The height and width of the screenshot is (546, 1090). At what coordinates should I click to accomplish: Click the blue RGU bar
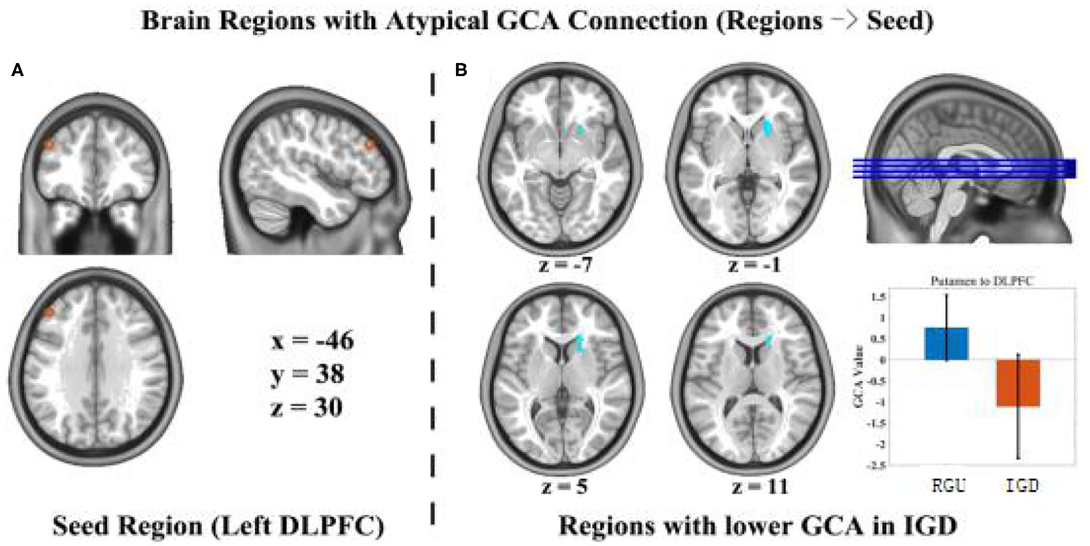946,343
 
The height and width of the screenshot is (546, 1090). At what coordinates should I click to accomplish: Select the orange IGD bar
1017,382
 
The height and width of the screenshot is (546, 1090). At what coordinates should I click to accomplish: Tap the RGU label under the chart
948,485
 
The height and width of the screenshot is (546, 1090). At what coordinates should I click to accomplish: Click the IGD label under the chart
1022,485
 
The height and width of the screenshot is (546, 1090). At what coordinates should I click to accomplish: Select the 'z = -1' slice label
755,265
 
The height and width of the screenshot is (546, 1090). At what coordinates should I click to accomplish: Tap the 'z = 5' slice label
565,486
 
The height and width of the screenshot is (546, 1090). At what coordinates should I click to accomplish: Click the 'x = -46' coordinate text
312,341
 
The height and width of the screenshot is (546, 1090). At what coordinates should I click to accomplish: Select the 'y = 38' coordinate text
307,374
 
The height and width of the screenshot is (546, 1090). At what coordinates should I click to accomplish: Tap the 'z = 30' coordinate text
306,408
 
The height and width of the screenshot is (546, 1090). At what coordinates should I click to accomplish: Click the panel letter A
17,70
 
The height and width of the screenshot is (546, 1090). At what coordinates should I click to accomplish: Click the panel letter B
461,70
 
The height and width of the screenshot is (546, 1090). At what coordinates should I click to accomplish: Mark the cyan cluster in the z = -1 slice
768,127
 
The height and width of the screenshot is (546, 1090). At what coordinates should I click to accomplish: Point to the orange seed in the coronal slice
48,145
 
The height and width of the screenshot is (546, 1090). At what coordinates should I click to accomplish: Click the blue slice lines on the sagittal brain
964,168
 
